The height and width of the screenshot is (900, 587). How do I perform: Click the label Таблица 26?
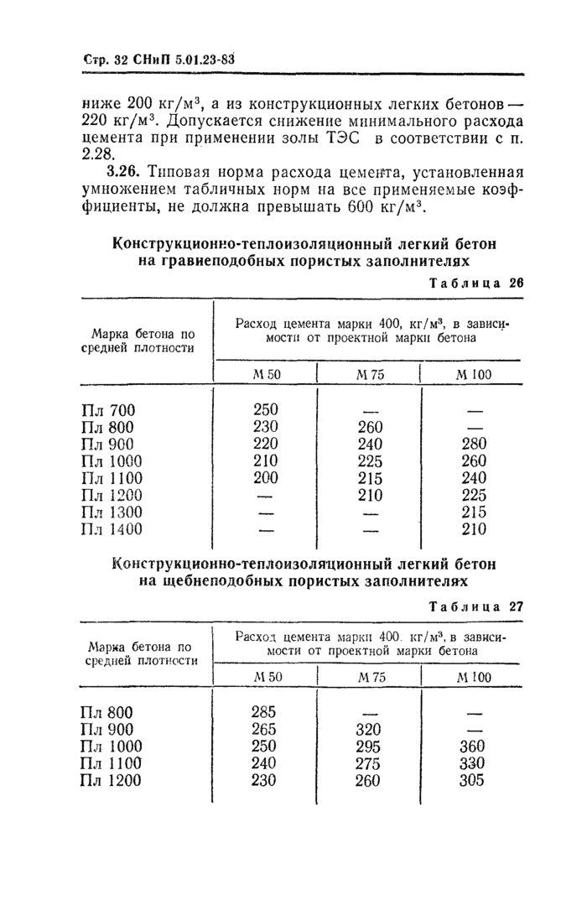point(475,284)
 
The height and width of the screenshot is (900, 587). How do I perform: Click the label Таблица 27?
point(475,607)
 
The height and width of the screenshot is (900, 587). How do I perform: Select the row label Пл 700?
point(108,411)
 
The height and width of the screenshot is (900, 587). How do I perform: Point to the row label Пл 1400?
point(112,529)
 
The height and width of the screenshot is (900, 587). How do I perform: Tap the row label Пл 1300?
point(112,512)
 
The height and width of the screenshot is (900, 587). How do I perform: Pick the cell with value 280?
point(475,444)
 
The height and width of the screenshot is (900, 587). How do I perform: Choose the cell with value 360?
point(475,747)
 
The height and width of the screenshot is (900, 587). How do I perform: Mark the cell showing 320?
point(369,730)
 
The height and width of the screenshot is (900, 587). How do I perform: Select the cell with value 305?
point(475,780)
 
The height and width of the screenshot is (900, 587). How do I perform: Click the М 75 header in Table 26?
point(369,375)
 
